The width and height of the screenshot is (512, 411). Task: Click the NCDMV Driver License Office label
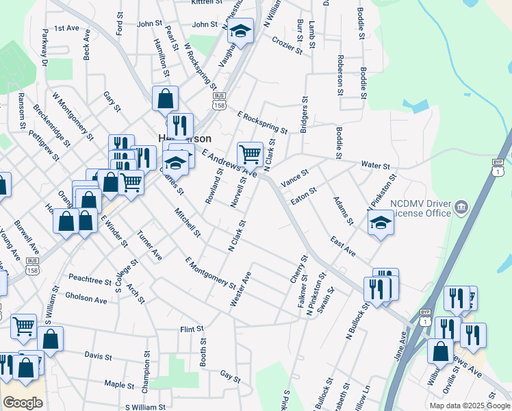(420, 208)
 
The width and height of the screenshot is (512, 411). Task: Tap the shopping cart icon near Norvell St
(250, 154)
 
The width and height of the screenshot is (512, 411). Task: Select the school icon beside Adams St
(381, 223)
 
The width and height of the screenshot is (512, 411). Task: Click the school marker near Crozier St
(240, 31)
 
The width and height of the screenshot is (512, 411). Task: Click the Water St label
(375, 166)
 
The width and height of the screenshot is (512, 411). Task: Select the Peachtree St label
(90, 281)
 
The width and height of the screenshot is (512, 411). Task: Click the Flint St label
(188, 329)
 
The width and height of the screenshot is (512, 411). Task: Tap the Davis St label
(98, 356)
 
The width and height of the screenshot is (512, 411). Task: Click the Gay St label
(231, 376)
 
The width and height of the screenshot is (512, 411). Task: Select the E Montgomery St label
(210, 272)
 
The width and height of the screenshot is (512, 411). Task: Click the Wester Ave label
(242, 288)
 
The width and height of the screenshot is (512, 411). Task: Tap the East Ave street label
(342, 247)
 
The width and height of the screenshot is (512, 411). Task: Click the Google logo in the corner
(23, 403)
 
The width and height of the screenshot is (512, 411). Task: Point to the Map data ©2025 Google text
(468, 406)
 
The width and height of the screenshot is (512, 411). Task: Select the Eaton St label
(303, 196)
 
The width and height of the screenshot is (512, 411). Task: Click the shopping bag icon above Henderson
(166, 99)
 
